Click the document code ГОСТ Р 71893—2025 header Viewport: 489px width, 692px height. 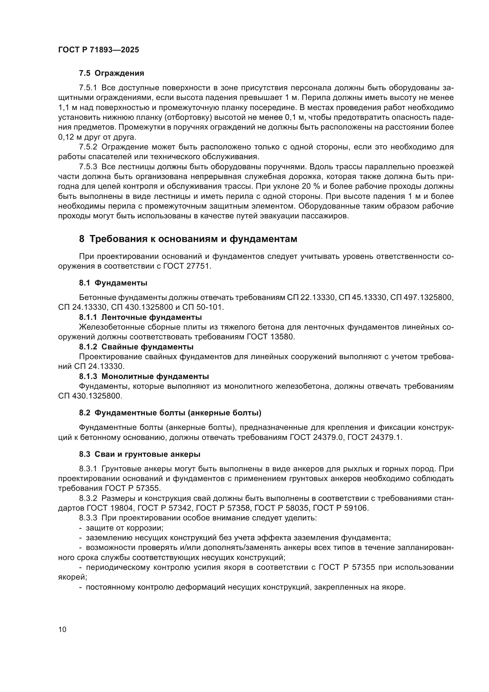[x=98, y=50]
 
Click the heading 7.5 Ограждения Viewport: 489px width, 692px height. [x=111, y=73]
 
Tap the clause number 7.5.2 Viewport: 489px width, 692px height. [x=88, y=147]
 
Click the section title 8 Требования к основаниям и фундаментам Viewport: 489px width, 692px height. [x=188, y=239]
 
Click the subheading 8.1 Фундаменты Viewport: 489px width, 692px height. [x=113, y=283]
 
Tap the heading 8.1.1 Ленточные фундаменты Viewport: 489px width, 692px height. [x=140, y=317]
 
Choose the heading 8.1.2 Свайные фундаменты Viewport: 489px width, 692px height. [x=136, y=347]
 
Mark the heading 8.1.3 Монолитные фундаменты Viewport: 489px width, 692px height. [x=144, y=376]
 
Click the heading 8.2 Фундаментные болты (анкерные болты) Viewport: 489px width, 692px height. [x=170, y=413]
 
